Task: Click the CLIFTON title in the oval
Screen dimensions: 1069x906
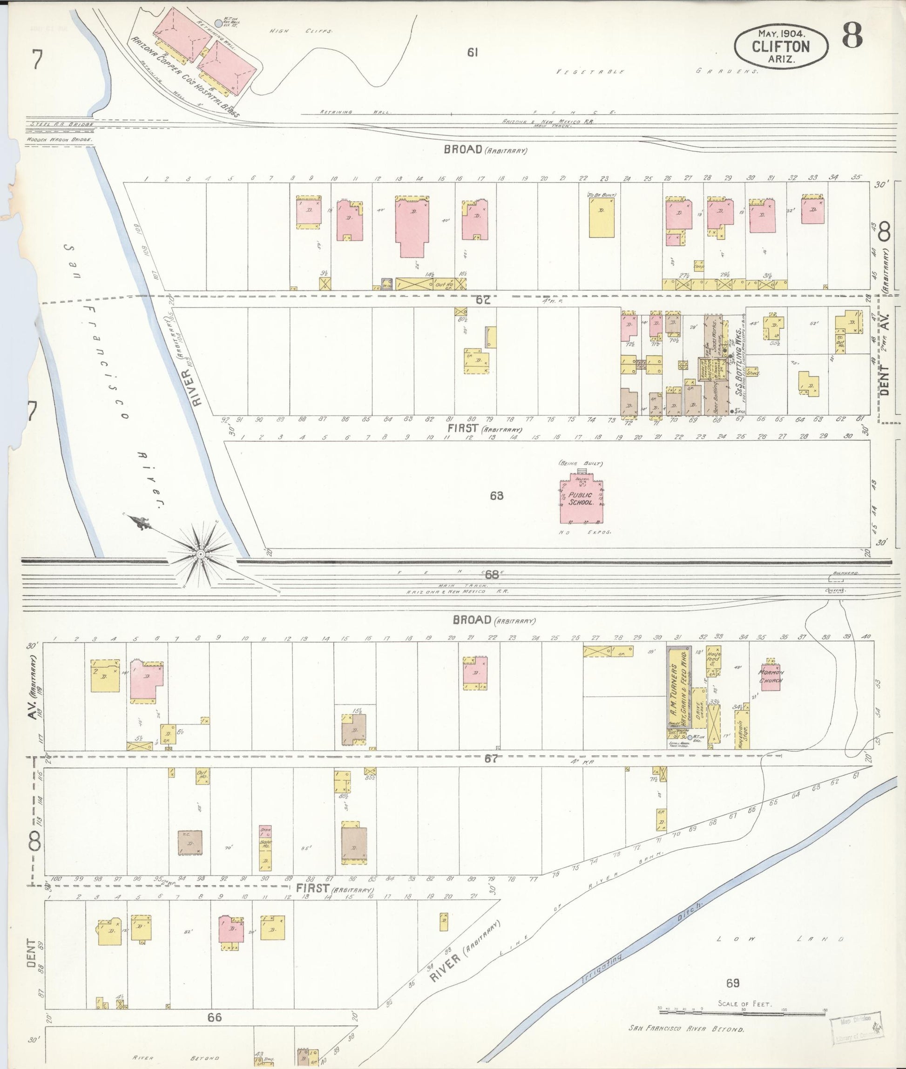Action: (781, 47)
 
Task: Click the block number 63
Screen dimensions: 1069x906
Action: (496, 496)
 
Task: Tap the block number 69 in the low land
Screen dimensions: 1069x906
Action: (732, 983)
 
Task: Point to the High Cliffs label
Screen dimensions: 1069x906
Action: (301, 31)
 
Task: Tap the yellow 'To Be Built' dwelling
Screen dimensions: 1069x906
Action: (601, 217)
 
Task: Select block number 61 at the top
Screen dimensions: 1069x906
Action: (473, 52)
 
